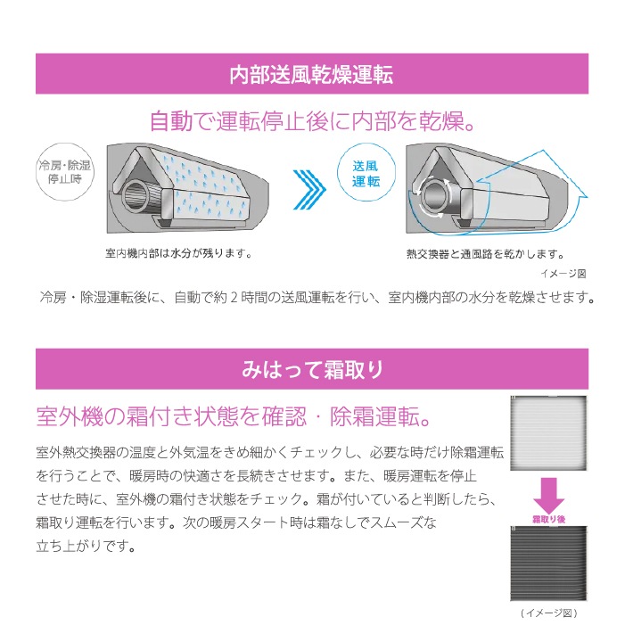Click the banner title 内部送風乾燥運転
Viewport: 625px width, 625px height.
coord(311,75)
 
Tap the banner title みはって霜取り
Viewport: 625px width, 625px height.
coord(312,369)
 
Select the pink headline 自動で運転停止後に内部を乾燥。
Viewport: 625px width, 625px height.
coord(312,120)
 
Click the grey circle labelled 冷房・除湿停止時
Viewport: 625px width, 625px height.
coord(64,172)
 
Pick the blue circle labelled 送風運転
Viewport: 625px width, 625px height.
coord(366,172)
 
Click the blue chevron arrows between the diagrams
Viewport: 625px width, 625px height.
coord(309,189)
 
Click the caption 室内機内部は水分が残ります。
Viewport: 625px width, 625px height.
coord(179,253)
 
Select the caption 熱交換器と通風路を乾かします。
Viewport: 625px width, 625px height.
coord(486,254)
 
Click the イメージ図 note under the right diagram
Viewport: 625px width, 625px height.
coord(563,274)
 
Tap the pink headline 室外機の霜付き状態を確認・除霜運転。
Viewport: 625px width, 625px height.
coord(234,416)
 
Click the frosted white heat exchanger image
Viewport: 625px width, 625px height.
coord(548,433)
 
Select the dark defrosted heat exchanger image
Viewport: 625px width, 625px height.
coord(548,563)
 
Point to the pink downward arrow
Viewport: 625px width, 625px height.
coord(548,496)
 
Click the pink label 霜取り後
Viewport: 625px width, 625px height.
coord(549,519)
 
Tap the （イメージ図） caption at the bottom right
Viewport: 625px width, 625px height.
coord(549,613)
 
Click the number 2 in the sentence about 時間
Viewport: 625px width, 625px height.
coord(234,298)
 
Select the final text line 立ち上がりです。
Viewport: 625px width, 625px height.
coord(86,546)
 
